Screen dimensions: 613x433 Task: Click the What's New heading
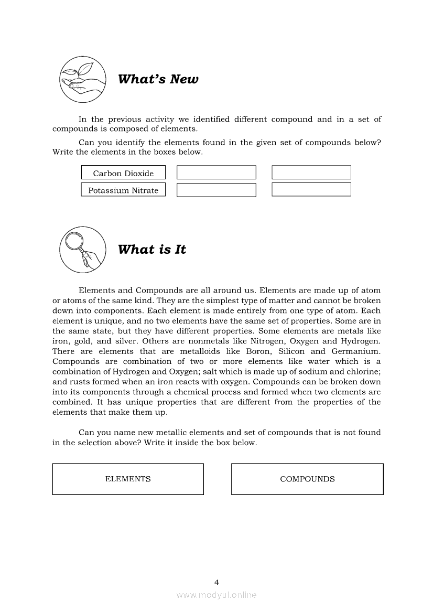coord(158,80)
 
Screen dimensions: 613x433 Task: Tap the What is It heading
coord(152,250)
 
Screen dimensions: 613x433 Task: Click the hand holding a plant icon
coord(83,79)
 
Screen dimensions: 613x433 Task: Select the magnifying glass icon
coord(83,249)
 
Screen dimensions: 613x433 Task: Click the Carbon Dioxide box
coord(123,173)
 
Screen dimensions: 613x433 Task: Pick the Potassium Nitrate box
coord(123,190)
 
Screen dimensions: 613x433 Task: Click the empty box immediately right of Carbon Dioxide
coord(216,173)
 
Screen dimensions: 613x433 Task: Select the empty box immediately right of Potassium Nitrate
coord(216,190)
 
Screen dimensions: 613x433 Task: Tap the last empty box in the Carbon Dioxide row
coord(311,173)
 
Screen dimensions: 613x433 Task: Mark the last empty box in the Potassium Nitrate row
coord(311,190)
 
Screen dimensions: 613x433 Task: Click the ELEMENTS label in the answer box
coord(128,479)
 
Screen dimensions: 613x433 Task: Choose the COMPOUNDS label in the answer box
coord(307,479)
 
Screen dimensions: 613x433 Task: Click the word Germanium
coord(361,351)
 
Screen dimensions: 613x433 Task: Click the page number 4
coord(216,582)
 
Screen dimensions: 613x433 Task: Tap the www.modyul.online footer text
coord(216,595)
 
